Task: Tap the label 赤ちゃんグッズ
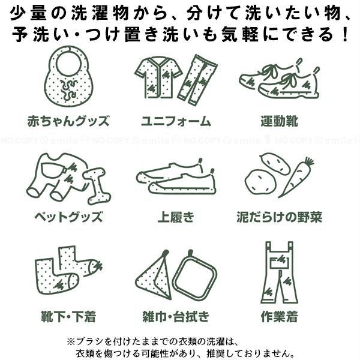click(x=68, y=121)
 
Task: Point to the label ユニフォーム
click(x=176, y=121)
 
